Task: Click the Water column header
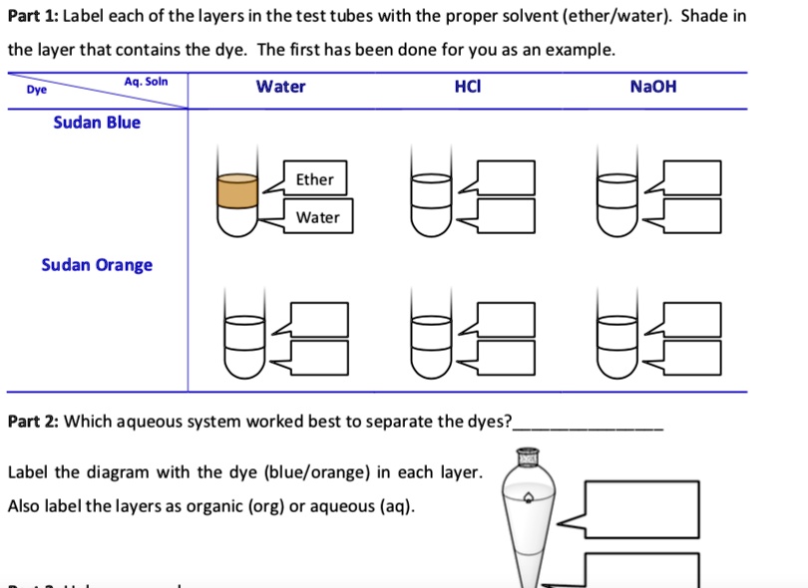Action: coord(280,87)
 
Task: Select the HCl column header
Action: coord(467,87)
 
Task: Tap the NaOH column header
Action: coord(653,87)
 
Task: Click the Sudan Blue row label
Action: coord(97,123)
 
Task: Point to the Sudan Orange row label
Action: coord(97,265)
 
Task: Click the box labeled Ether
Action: coord(315,179)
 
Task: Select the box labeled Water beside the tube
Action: coord(317,217)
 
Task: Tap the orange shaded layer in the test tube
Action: coord(237,189)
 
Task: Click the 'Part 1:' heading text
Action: coord(33,19)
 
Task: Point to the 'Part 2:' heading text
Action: coord(33,422)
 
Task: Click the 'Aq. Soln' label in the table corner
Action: coord(146,81)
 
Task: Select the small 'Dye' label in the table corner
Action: coord(36,90)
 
